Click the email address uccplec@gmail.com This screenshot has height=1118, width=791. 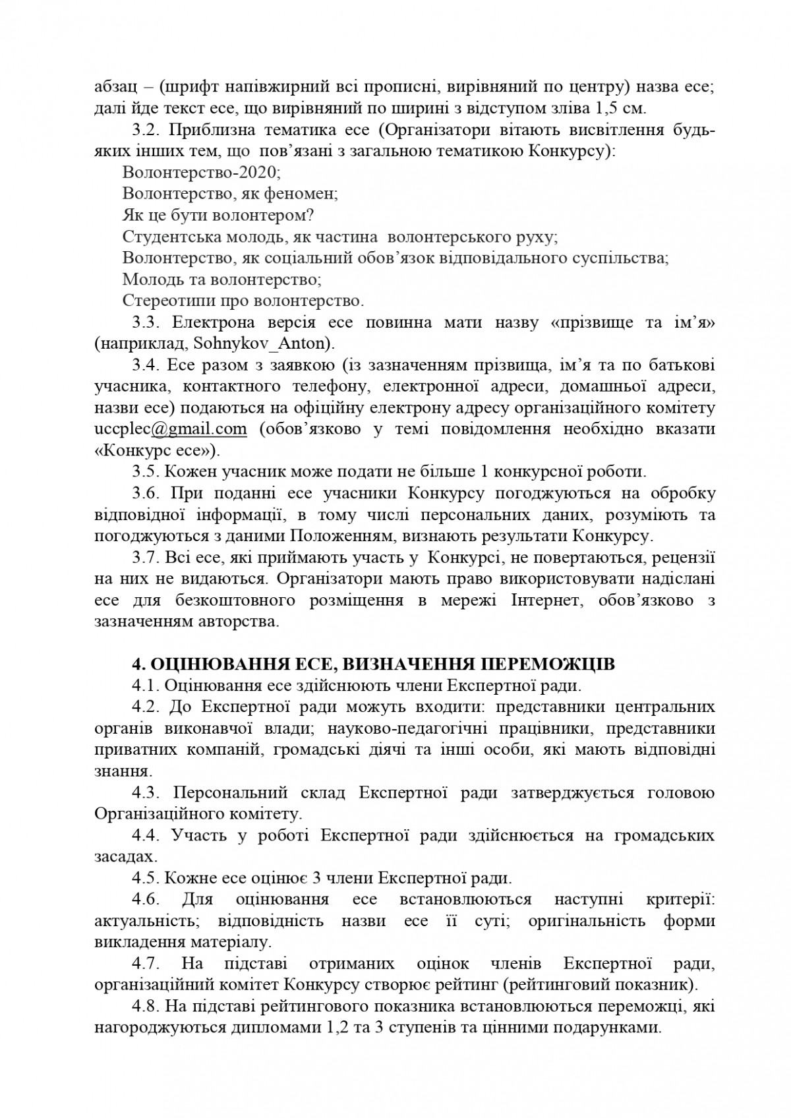pyautogui.click(x=171, y=429)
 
